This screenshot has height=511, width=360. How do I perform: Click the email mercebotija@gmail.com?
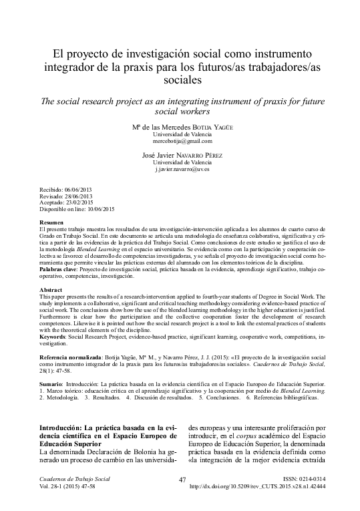[x=182, y=142]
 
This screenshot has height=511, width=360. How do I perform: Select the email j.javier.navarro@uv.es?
[x=182, y=171]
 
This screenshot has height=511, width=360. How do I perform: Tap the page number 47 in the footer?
[x=182, y=498]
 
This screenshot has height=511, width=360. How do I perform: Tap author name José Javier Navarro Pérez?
[x=182, y=156]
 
